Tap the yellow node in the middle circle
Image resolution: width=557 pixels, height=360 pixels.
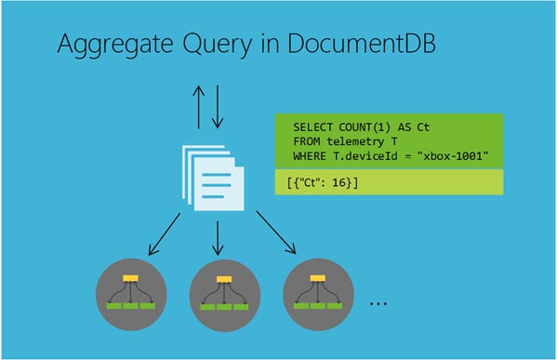pyautogui.click(x=221, y=279)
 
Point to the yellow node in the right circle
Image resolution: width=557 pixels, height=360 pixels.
pyautogui.click(x=315, y=279)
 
